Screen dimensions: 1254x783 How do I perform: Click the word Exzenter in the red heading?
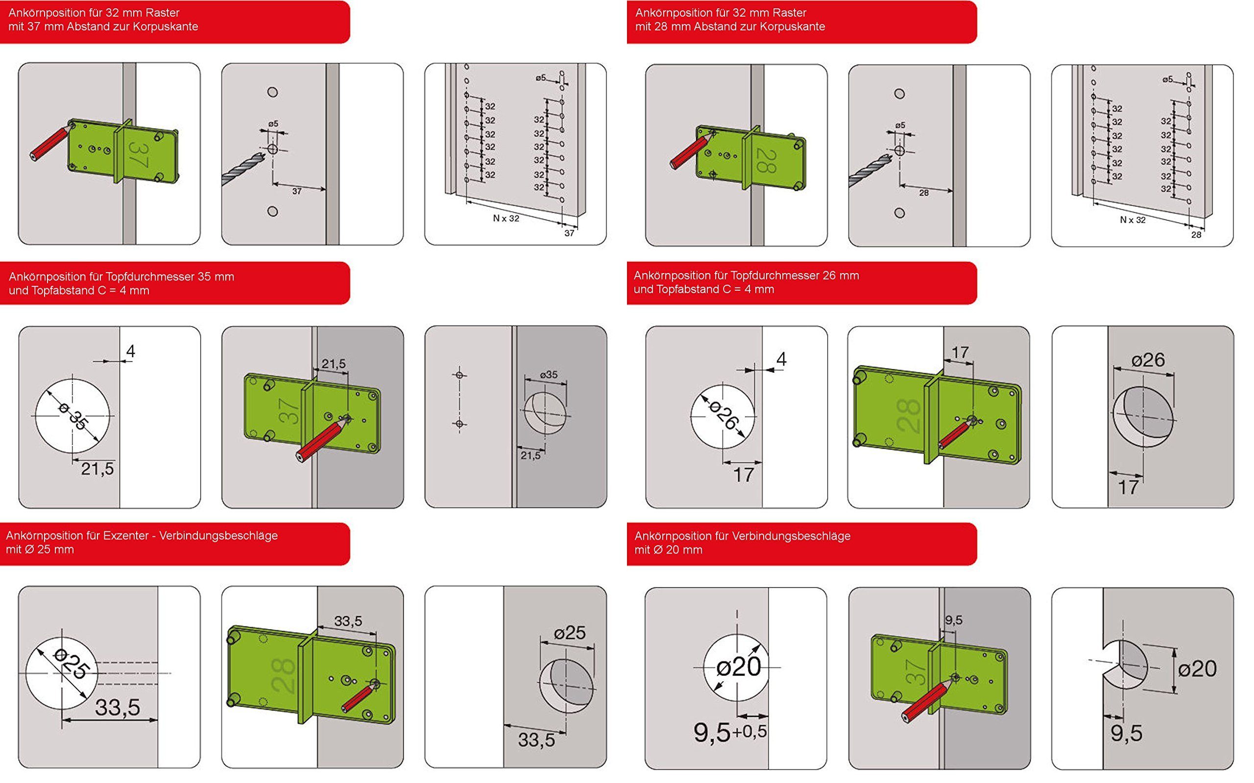(x=126, y=535)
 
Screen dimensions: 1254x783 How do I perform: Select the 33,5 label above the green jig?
(x=348, y=621)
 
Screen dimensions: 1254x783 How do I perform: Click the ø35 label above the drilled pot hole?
(x=548, y=374)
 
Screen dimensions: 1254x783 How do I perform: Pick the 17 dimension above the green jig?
(x=960, y=353)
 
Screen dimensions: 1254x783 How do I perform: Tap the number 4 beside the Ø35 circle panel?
(x=131, y=351)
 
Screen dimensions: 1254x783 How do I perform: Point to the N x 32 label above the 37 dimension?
(x=506, y=219)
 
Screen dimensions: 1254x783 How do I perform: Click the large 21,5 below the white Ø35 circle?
(x=97, y=469)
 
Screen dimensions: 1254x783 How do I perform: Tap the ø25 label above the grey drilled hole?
(x=570, y=633)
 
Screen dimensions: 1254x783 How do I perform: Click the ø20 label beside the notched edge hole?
(x=1197, y=668)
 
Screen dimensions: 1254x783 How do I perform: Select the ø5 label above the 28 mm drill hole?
(x=900, y=125)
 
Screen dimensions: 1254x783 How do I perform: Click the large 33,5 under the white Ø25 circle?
(x=117, y=708)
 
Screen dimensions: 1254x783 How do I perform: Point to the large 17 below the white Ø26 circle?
(x=744, y=475)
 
